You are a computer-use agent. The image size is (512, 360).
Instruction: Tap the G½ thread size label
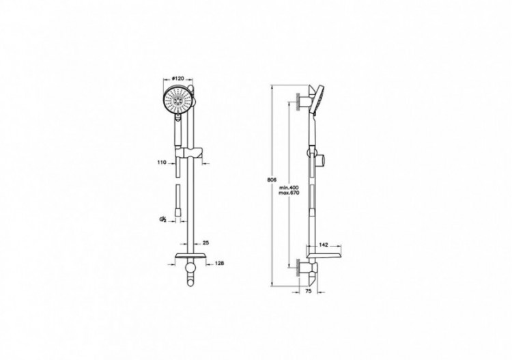click(x=163, y=219)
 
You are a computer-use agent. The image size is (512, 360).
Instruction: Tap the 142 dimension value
click(x=324, y=244)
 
